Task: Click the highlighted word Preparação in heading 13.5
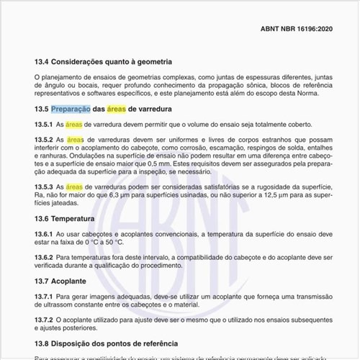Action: [x=70, y=109]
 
